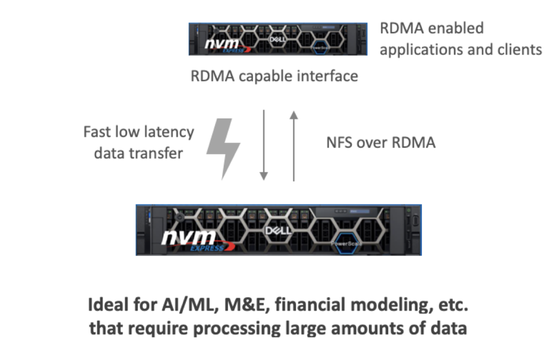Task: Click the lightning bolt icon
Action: pos(224,147)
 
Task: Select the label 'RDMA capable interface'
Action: pos(274,76)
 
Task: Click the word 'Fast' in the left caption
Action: pos(98,132)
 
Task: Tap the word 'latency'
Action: pos(167,132)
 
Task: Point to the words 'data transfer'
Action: pos(138,153)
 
